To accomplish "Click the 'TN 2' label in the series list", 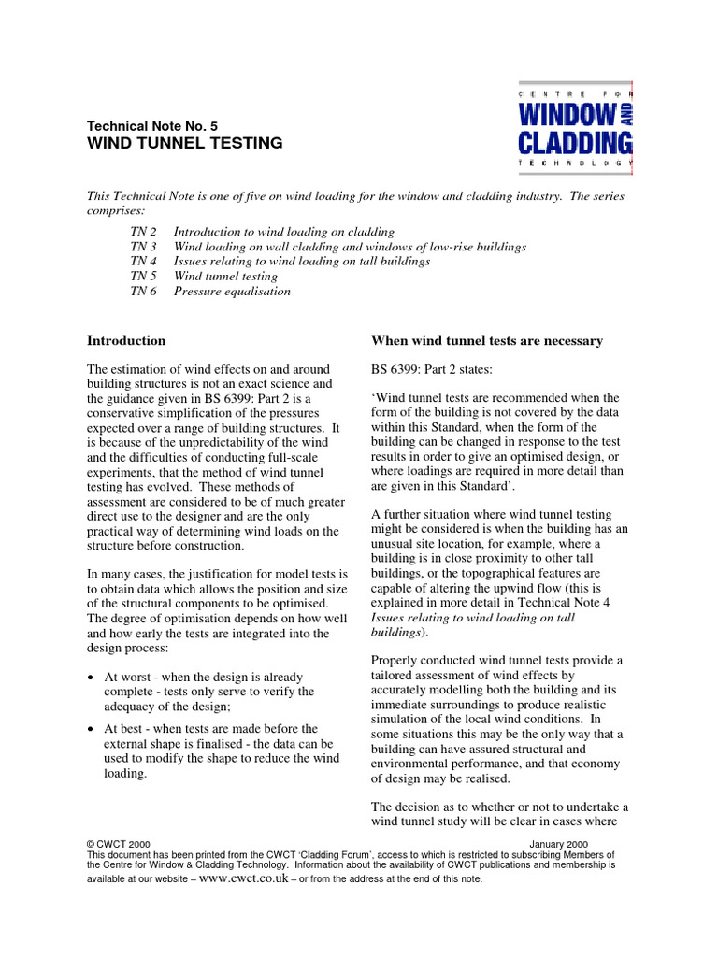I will pyautogui.click(x=143, y=231).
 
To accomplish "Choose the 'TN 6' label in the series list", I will pyautogui.click(x=143, y=291).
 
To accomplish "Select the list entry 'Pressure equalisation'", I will pyautogui.click(x=232, y=291).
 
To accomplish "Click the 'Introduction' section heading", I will pyautogui.click(x=126, y=340).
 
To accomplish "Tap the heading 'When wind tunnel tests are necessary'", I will pyautogui.click(x=487, y=340).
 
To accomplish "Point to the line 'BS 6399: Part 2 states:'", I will pyautogui.click(x=431, y=369).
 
